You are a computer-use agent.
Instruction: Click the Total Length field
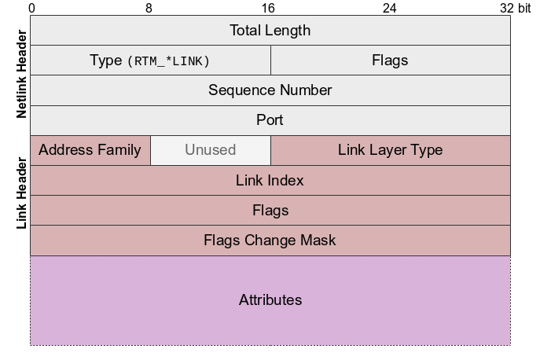click(270, 31)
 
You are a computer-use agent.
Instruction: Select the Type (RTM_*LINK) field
click(150, 61)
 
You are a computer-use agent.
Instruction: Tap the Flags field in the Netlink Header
click(390, 61)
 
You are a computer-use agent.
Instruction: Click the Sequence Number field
click(270, 90)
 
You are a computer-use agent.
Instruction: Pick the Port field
click(270, 120)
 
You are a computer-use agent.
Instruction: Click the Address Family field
click(90, 150)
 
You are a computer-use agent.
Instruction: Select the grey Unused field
click(210, 150)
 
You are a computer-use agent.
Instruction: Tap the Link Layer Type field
click(390, 150)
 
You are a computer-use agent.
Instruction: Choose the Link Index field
click(270, 181)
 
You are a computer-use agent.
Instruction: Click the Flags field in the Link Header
click(270, 211)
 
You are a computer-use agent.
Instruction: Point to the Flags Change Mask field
click(270, 241)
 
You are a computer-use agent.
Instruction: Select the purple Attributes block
click(270, 300)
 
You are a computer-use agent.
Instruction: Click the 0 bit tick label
click(31, 8)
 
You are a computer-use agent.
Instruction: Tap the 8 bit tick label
click(149, 8)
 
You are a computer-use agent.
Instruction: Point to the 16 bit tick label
click(269, 8)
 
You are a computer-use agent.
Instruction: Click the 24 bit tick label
click(389, 8)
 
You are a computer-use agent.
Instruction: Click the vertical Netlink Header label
click(21, 75)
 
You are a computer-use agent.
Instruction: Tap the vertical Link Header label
click(21, 194)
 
